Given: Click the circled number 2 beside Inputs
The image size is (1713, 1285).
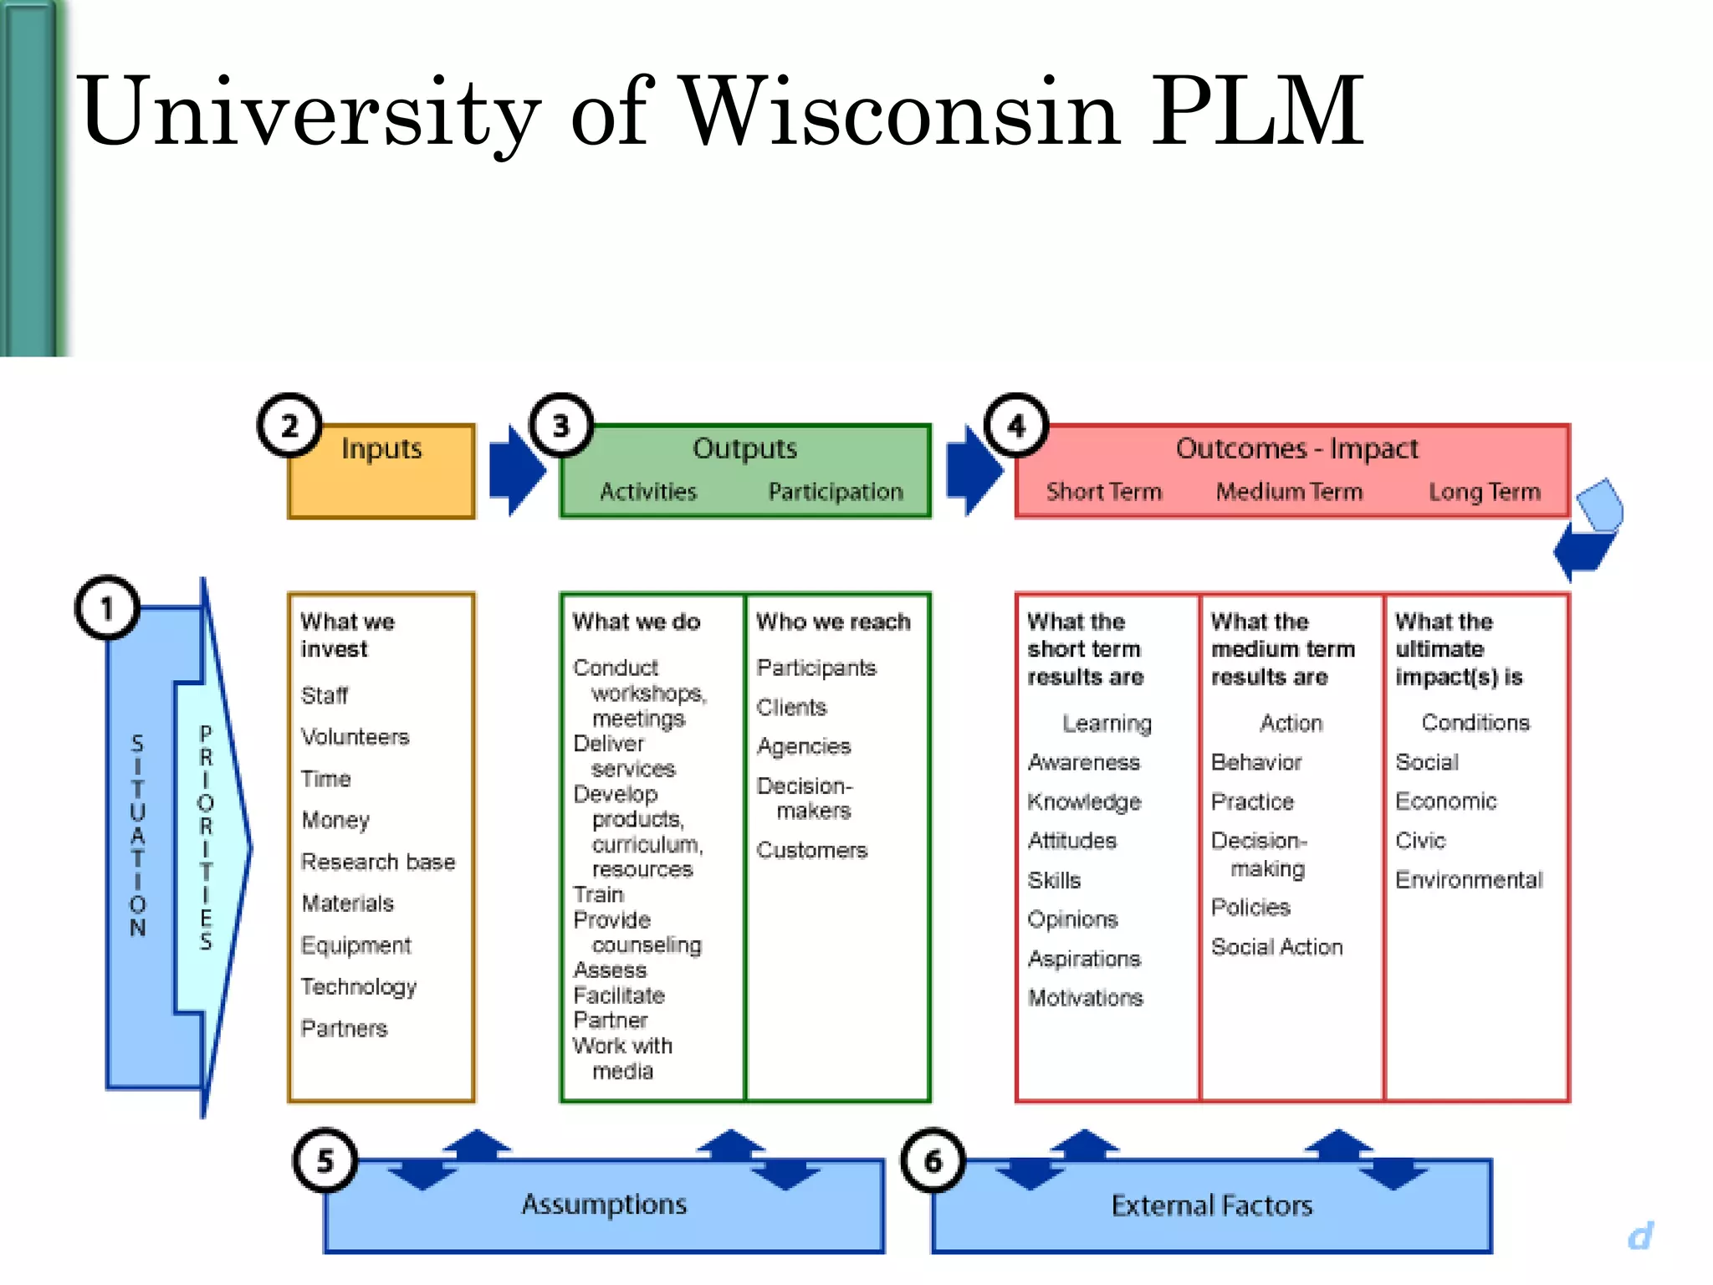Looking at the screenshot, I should coord(289,426).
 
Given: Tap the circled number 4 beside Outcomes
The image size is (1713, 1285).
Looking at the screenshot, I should coord(1016,426).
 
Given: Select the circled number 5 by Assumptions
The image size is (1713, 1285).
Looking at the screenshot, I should coord(325,1160).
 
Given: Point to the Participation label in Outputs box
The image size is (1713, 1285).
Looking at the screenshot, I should coord(836,492).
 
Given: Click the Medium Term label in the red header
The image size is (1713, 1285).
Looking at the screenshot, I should coord(1289,492).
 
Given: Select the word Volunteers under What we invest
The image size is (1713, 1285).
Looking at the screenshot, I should coord(355,737).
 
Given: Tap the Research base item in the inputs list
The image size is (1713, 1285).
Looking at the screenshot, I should coord(378,862).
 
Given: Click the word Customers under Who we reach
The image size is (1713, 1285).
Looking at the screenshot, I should coord(811,851).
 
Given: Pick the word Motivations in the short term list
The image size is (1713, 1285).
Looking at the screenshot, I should coord(1085,998).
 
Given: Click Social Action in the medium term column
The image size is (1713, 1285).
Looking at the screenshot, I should coord(1276,947).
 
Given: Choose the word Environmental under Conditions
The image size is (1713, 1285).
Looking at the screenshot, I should coord(1469,880).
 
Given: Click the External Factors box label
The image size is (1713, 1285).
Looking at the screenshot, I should coord(1211,1206).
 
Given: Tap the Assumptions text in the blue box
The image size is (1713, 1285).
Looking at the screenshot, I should coord(604,1204).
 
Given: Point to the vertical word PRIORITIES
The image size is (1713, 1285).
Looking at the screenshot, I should coord(206,837).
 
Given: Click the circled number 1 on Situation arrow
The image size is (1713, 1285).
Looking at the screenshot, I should coord(106,608).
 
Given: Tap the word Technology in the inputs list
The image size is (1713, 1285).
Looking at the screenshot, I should coord(359,987).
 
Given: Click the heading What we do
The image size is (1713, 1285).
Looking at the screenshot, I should coord(637,622).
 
